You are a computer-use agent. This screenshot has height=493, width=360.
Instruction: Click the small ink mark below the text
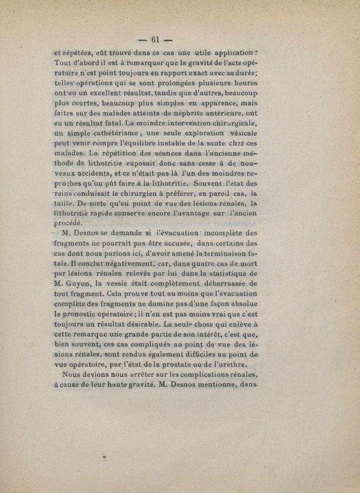[x=106, y=457]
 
